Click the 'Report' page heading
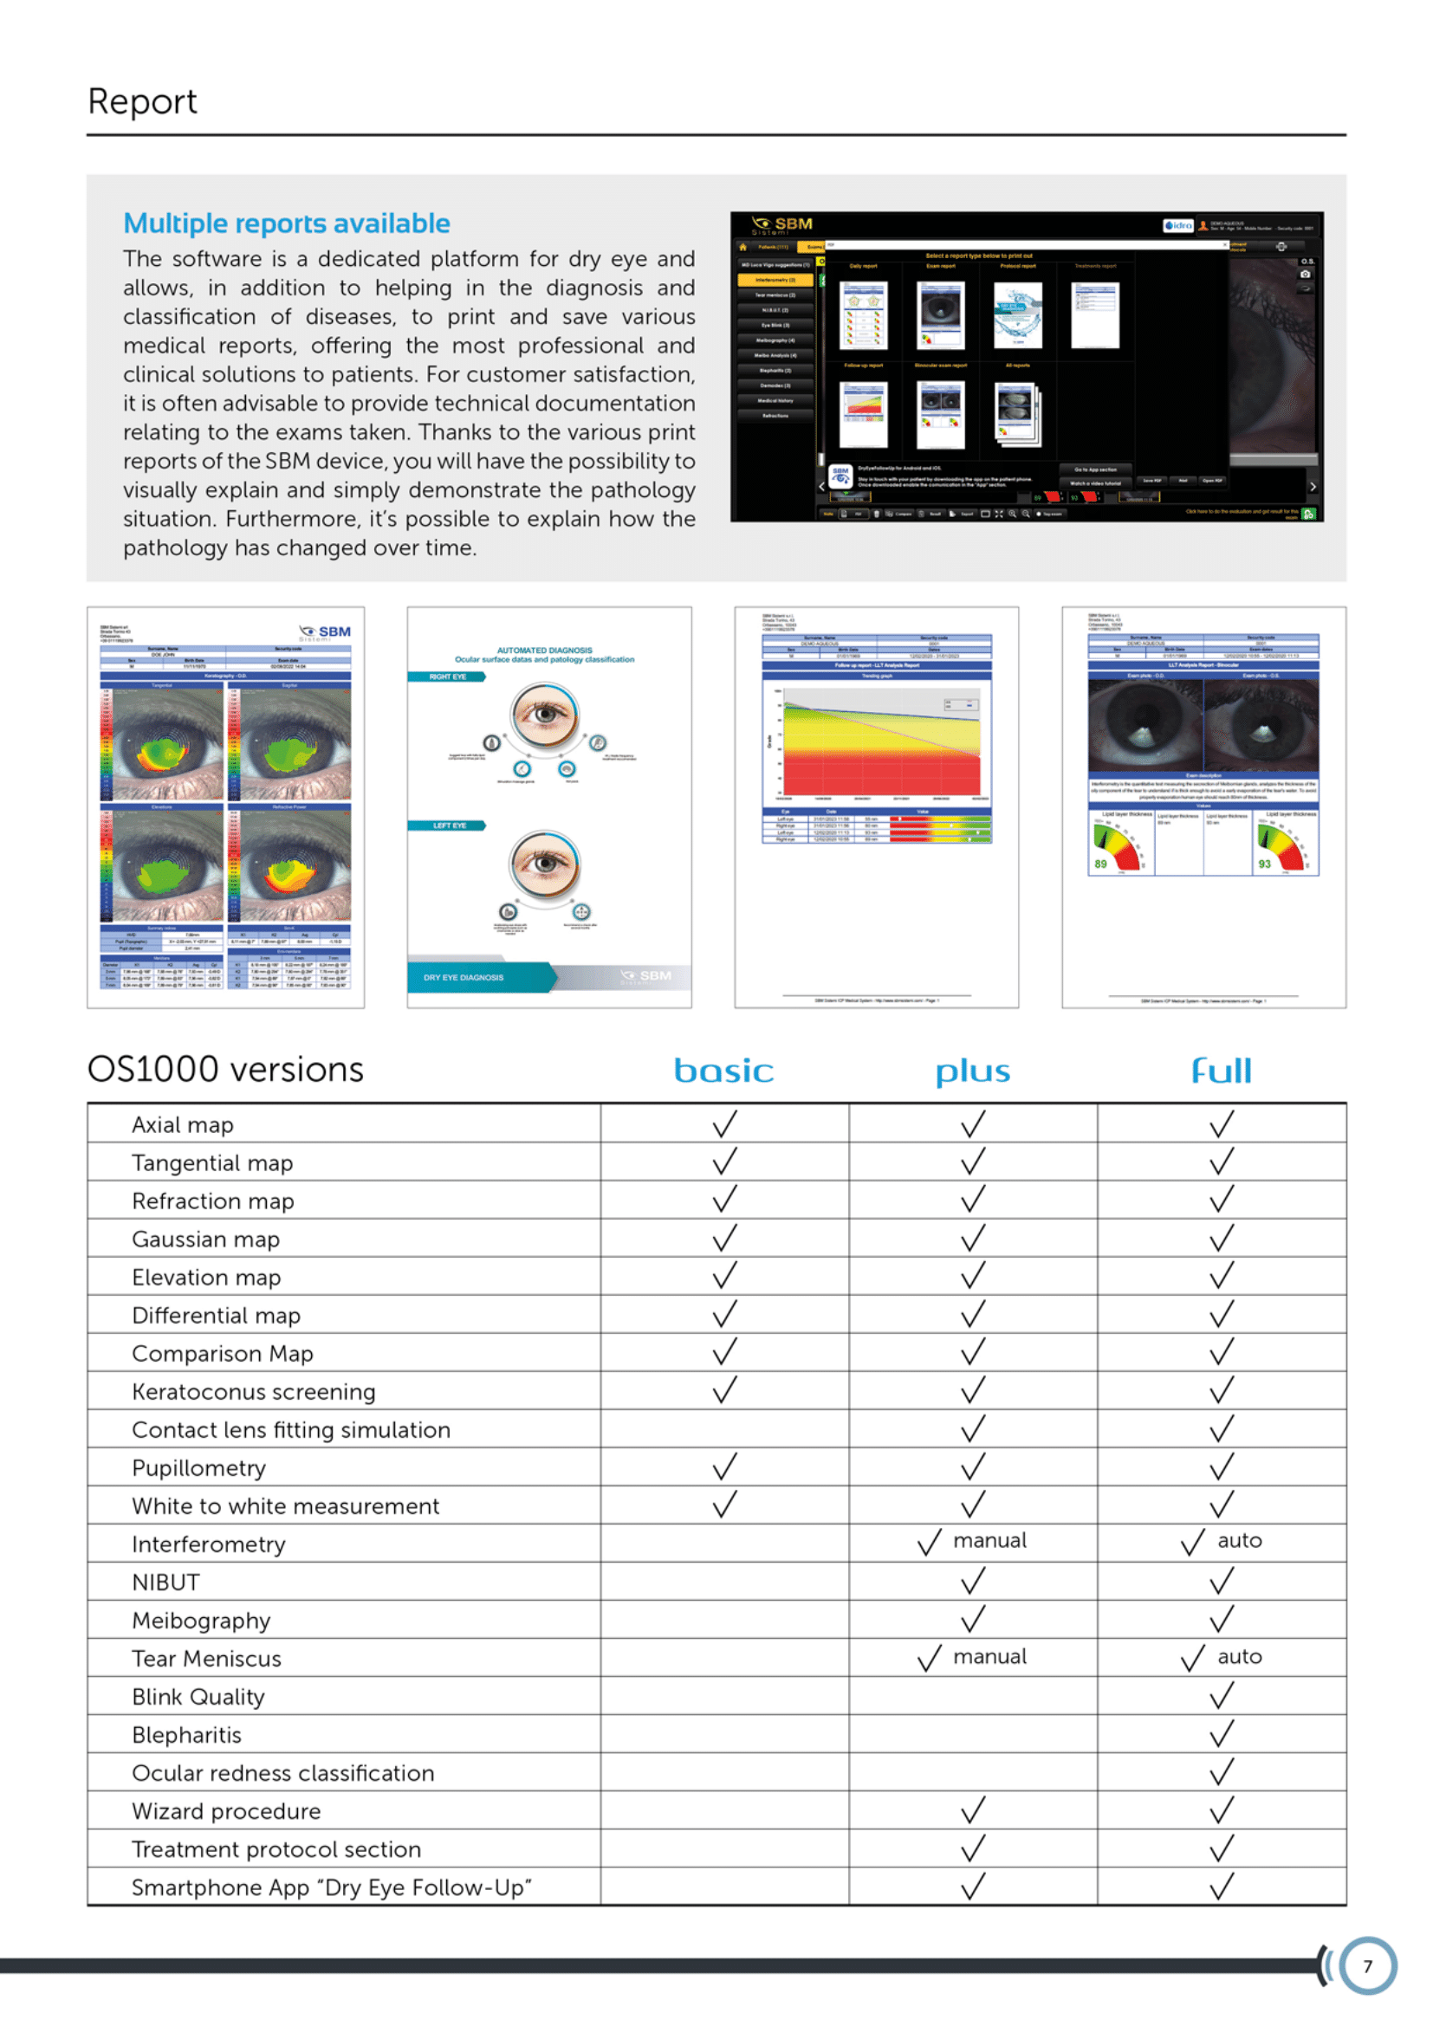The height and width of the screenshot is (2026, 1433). click(x=142, y=101)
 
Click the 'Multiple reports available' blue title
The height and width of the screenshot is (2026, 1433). click(x=286, y=223)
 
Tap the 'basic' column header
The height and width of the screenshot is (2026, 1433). click(x=723, y=1071)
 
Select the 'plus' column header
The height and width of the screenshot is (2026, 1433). click(x=972, y=1071)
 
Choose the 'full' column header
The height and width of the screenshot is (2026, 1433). click(x=1222, y=1071)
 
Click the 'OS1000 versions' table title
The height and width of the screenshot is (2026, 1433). click(x=225, y=1070)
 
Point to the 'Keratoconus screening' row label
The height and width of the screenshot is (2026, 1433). click(x=253, y=1392)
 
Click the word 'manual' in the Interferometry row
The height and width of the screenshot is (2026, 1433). click(x=989, y=1541)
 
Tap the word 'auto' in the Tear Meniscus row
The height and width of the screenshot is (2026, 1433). click(x=1239, y=1656)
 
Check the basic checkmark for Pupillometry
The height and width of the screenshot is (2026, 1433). click(x=724, y=1466)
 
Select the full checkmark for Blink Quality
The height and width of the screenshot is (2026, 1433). click(x=1222, y=1695)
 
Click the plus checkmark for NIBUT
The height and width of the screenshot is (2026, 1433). click(x=972, y=1581)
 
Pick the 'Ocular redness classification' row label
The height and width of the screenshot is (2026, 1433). click(x=282, y=1773)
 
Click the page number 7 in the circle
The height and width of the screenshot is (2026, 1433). click(x=1367, y=1966)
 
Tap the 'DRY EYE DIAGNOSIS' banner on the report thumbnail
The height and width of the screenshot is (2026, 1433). click(x=464, y=978)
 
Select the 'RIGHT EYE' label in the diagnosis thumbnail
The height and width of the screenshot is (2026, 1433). click(x=447, y=676)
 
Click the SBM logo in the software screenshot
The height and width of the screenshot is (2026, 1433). click(x=782, y=225)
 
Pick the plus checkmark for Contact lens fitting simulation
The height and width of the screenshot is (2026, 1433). click(x=972, y=1428)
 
